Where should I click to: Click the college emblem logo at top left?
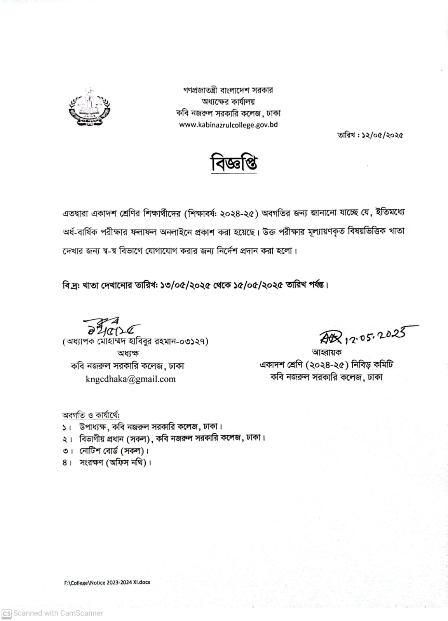[90, 106]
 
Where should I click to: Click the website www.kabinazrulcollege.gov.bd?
[228, 125]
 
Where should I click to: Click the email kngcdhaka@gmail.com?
[131, 379]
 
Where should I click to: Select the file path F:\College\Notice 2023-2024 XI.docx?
[107, 582]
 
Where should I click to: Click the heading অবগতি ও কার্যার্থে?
[91, 415]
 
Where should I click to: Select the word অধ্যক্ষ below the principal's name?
[128, 353]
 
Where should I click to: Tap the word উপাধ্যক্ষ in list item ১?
[93, 426]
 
